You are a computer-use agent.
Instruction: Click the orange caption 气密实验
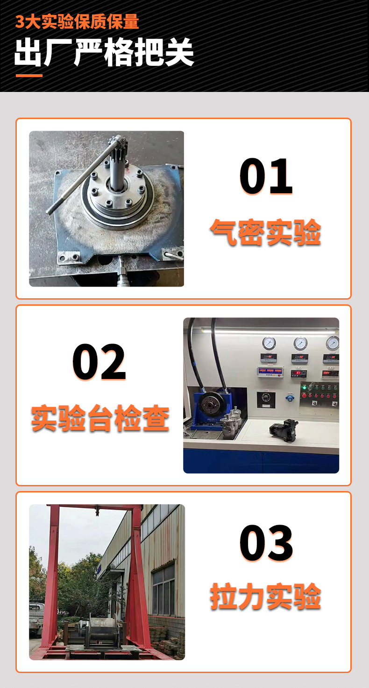coord(265,232)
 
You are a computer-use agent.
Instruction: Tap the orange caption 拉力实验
coord(265,597)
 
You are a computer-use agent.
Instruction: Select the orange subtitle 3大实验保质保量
coord(77,22)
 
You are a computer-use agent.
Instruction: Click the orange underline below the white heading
coord(29,76)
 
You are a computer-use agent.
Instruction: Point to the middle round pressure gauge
coord(300,344)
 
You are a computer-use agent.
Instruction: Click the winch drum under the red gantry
coord(103,630)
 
